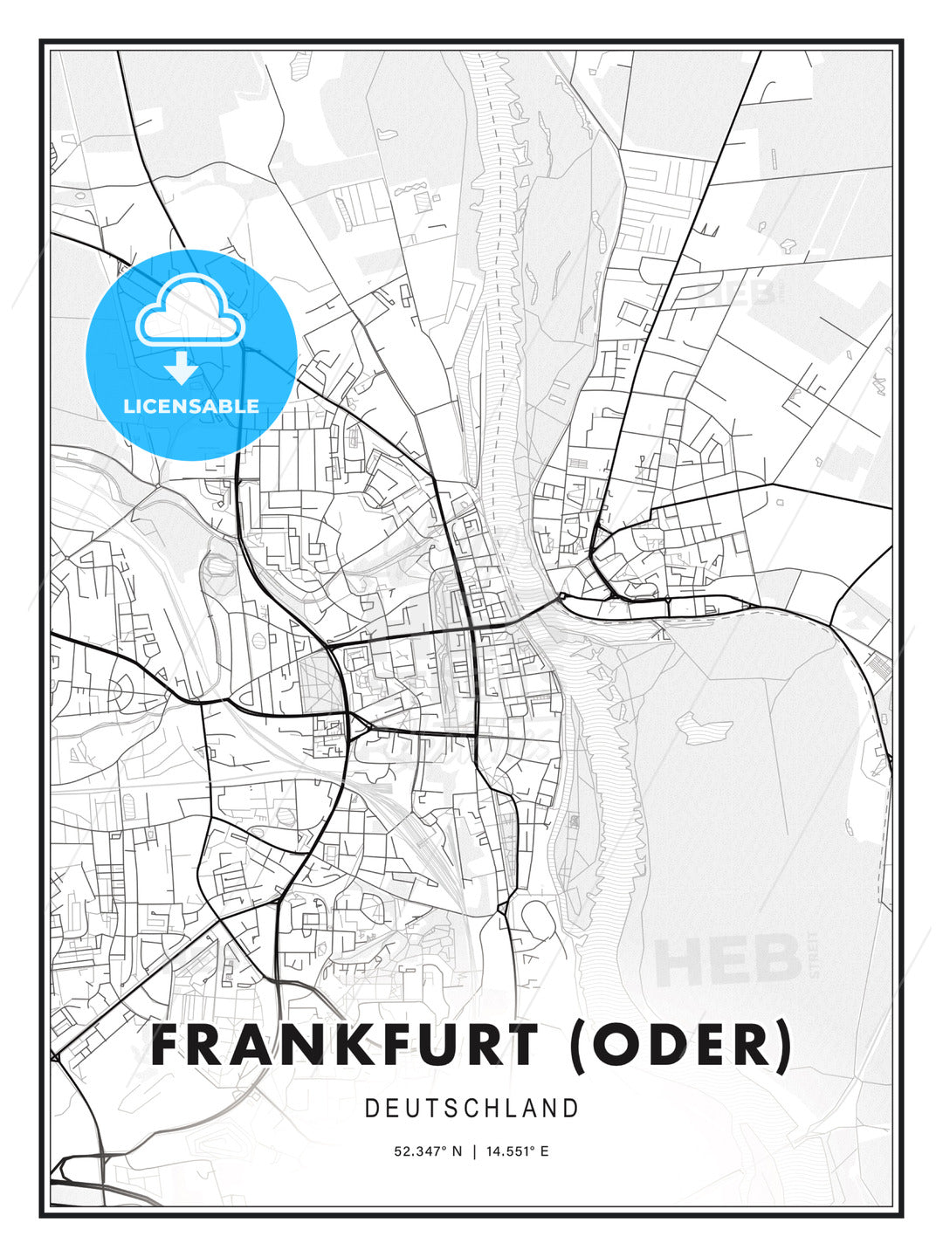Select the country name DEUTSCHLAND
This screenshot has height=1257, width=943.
click(471, 1109)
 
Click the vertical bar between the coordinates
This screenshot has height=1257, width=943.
click(473, 1151)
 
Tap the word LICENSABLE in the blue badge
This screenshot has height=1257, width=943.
click(191, 406)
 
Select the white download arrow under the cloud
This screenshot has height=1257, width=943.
click(182, 367)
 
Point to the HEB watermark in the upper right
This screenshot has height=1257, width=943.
click(739, 292)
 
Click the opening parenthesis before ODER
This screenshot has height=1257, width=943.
click(578, 1047)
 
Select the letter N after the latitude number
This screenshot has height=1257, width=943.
click(456, 1151)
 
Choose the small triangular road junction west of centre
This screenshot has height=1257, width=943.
click(360, 723)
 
